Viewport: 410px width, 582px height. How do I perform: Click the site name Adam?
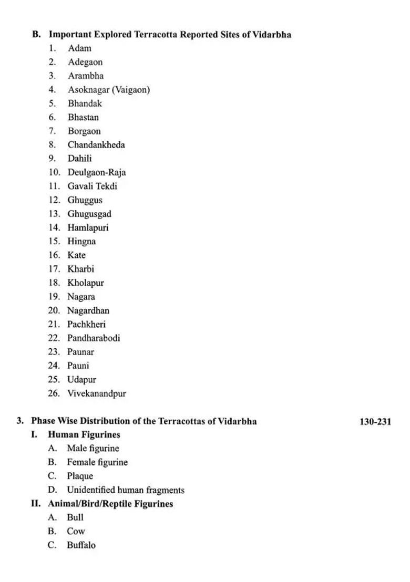[79, 48]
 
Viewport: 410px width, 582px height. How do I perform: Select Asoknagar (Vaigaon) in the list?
[108, 90]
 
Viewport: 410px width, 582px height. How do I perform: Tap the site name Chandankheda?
[96, 145]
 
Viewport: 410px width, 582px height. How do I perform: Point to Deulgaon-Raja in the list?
[97, 172]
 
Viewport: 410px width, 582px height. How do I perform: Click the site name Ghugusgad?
[89, 214]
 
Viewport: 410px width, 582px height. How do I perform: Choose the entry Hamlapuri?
[88, 227]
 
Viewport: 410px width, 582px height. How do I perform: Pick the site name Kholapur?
[86, 283]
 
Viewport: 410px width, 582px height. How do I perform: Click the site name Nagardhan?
[88, 310]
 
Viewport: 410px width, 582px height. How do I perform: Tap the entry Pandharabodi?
[94, 338]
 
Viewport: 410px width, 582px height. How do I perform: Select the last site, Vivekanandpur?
[97, 393]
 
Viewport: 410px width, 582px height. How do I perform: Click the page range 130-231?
[375, 422]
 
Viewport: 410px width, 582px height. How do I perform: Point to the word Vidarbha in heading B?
[272, 35]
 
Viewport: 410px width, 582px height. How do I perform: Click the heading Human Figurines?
[84, 434]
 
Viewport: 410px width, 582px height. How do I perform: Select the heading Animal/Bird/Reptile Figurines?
[110, 504]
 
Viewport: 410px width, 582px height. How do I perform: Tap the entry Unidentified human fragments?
[126, 490]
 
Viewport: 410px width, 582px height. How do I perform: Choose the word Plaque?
[80, 476]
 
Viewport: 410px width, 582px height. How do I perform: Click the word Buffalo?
[81, 545]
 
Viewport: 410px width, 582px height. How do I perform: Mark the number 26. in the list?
[54, 393]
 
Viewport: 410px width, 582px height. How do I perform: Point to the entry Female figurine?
[97, 462]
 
